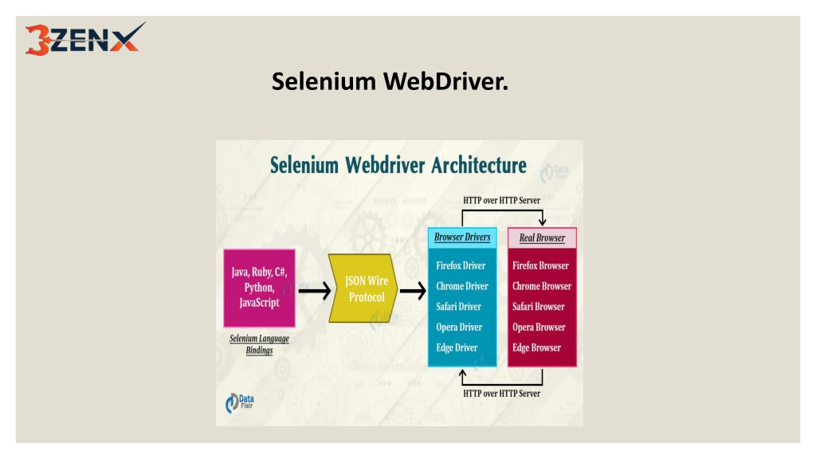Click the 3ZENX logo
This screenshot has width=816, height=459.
tap(85, 39)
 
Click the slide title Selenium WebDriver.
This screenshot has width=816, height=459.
tap(390, 81)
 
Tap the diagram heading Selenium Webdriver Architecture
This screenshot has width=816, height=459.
tap(398, 165)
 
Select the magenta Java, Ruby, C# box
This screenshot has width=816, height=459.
tap(259, 288)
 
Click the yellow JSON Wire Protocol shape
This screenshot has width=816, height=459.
tap(363, 288)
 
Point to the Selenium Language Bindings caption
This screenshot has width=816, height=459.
tap(259, 344)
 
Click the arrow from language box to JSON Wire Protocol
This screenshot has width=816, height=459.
tap(314, 291)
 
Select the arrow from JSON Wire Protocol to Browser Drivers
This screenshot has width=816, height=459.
tap(414, 291)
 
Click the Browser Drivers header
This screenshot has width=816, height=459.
tap(462, 237)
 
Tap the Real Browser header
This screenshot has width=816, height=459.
tap(542, 237)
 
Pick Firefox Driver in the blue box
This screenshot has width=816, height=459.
tap(461, 265)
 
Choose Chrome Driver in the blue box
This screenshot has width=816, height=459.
tap(462, 286)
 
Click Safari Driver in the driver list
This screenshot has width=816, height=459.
tap(458, 307)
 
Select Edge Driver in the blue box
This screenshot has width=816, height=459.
tap(457, 347)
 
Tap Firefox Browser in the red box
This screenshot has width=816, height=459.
tap(540, 265)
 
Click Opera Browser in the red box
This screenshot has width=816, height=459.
tap(539, 328)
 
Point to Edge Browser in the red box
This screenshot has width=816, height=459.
tap(536, 347)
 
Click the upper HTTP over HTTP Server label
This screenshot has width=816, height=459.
tap(502, 200)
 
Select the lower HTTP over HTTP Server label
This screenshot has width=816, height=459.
tap(502, 394)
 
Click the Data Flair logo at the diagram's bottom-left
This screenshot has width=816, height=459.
tap(239, 403)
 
